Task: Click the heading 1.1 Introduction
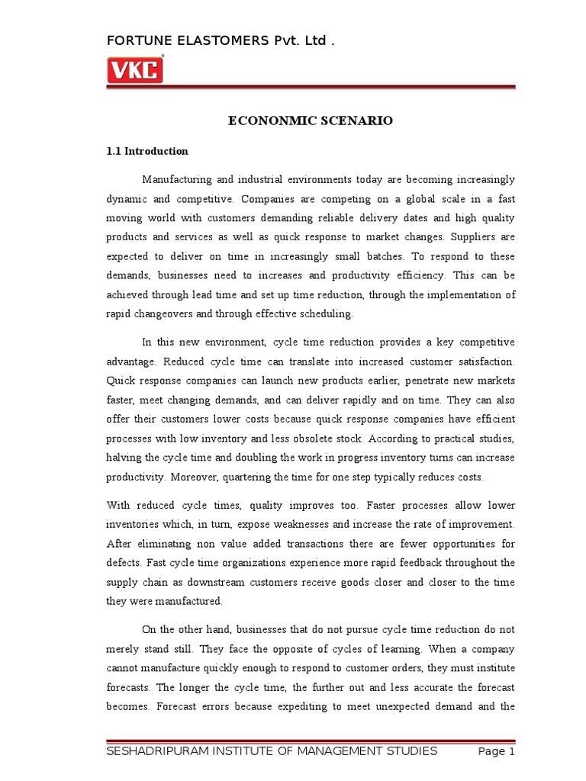[146, 151]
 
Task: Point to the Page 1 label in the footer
[497, 751]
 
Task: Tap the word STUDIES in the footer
[410, 751]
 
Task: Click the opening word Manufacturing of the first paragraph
[182, 179]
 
